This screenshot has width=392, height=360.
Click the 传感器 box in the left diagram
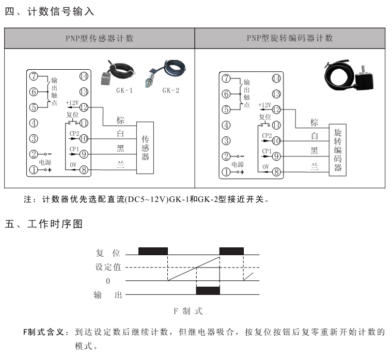point(145,147)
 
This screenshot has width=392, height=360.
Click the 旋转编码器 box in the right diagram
point(338,150)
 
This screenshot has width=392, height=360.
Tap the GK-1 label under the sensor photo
point(124,90)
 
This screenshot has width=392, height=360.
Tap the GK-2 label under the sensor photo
point(170,90)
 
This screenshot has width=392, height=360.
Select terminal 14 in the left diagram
point(84,76)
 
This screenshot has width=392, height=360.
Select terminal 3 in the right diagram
point(226,140)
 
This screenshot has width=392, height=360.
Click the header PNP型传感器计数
point(100,38)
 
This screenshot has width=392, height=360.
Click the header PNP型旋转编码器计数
point(290,38)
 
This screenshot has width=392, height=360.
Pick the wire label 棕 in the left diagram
point(120,121)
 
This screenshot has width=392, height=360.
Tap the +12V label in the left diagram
point(72,103)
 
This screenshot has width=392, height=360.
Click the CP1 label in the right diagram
point(266,151)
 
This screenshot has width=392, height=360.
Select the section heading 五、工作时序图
point(43,224)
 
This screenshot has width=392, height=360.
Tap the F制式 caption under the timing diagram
point(188,311)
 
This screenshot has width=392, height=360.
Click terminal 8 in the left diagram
point(84,169)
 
